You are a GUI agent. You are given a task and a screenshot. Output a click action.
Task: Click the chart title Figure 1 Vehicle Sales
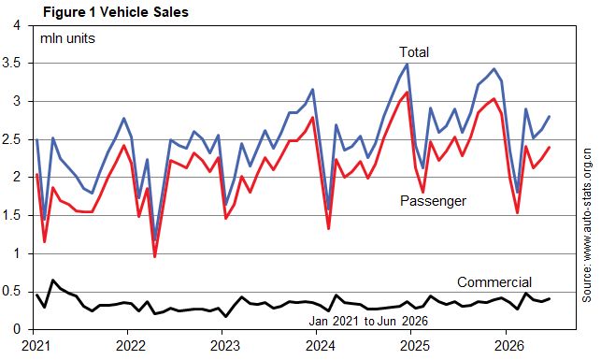pyautogui.click(x=115, y=12)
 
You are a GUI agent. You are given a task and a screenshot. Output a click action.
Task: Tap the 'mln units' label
pyautogui.click(x=67, y=38)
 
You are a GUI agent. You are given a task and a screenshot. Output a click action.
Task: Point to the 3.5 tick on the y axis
pyautogui.click(x=12, y=64)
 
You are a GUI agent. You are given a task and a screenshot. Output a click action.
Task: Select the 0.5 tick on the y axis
pyautogui.click(x=12, y=292)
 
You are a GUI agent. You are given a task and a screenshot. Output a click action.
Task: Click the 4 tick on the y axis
pyautogui.click(x=17, y=25)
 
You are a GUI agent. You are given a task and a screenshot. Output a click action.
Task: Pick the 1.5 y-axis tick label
pyautogui.click(x=12, y=215)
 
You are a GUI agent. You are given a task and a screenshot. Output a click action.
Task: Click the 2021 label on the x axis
pyautogui.click(x=36, y=346)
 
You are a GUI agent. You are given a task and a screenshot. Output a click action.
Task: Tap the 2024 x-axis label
pyautogui.click(x=320, y=346)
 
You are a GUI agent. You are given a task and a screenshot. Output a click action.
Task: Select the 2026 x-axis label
pyautogui.click(x=509, y=346)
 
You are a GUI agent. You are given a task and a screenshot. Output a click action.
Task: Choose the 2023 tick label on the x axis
pyautogui.click(x=225, y=346)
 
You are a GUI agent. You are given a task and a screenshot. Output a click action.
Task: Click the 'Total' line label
pyautogui.click(x=414, y=52)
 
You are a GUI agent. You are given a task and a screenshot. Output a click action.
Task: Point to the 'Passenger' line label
pyautogui.click(x=433, y=201)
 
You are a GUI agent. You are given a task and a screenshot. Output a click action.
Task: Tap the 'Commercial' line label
pyautogui.click(x=494, y=282)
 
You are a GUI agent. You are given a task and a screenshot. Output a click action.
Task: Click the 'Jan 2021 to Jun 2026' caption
pyautogui.click(x=368, y=321)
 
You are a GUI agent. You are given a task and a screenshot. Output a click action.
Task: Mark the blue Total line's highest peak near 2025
pyautogui.click(x=408, y=64)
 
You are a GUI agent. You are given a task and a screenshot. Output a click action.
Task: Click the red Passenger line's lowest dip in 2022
pyautogui.click(x=155, y=256)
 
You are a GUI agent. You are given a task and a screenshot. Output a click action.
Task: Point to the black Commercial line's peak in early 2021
pyautogui.click(x=52, y=281)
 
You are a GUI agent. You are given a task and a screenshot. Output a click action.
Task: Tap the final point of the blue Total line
pyautogui.click(x=549, y=117)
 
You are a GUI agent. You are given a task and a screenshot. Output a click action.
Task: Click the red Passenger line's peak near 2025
pyautogui.click(x=408, y=93)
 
